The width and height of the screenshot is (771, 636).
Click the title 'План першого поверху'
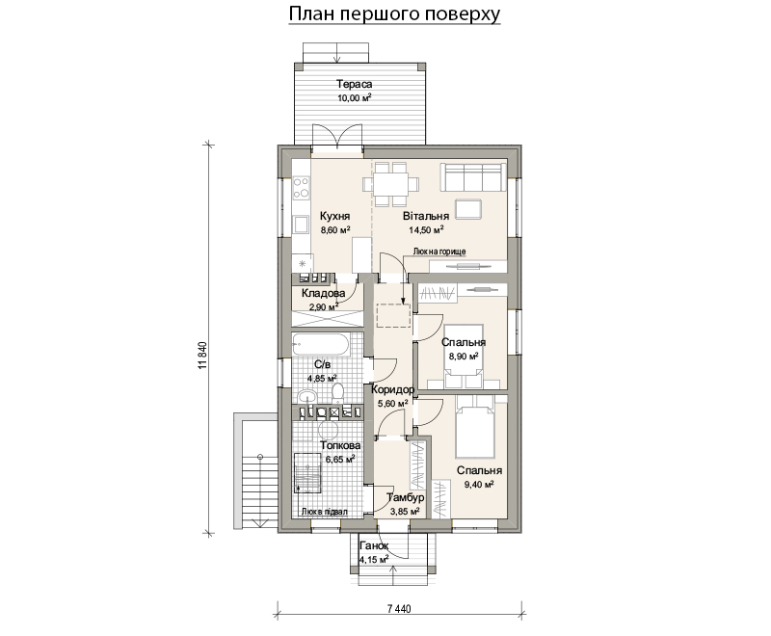coord(394,13)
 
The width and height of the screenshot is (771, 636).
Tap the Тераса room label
coord(354,84)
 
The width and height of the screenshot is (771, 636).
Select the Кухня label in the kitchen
coord(334,216)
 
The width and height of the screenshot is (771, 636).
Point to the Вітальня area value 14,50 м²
coord(426,229)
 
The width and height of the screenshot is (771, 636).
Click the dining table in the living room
coord(392,184)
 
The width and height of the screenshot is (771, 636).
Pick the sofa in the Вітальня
coord(473,177)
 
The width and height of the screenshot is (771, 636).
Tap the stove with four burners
coord(301,188)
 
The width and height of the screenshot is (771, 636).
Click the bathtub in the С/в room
coord(321,344)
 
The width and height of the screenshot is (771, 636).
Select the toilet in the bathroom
coord(337,393)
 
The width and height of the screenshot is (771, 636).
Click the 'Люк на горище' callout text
coord(439,252)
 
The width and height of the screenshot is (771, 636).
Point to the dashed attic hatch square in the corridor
coord(393,315)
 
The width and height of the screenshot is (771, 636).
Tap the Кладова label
coord(323,293)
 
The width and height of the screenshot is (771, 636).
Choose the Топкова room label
coord(340,445)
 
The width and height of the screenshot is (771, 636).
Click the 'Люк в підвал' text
coord(325,512)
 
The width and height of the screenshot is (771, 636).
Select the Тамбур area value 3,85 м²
coord(405,511)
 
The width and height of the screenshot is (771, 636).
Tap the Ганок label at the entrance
coord(374,545)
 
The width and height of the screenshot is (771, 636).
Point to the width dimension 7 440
coord(399,609)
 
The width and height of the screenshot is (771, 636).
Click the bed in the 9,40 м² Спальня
coord(474,426)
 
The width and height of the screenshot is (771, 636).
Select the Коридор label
coord(393,389)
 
